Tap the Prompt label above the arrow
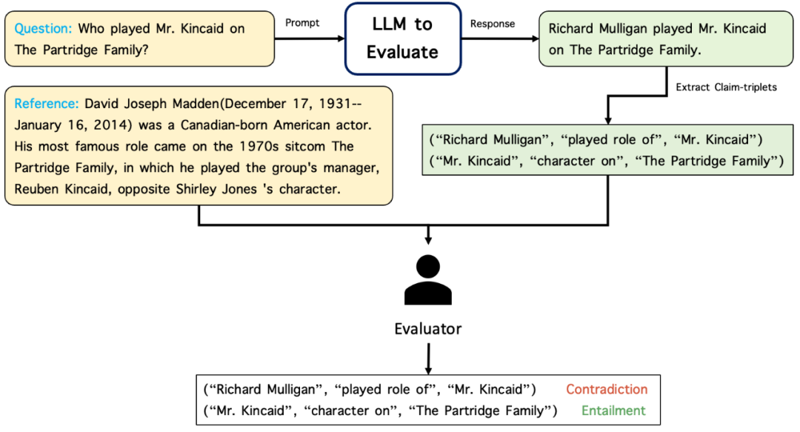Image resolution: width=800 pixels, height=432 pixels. tap(302, 23)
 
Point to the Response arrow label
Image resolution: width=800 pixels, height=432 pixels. tap(493, 24)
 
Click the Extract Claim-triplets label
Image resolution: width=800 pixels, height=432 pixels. tap(726, 87)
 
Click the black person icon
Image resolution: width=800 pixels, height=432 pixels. tap(428, 279)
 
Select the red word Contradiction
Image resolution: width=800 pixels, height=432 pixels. tap(607, 390)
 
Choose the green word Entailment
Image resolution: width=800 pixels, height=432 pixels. tap(613, 411)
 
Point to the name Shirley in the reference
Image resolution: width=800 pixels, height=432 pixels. tap(206, 189)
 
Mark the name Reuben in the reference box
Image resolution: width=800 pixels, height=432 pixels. tap(39, 189)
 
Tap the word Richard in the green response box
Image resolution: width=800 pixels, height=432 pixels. tap(573, 30)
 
